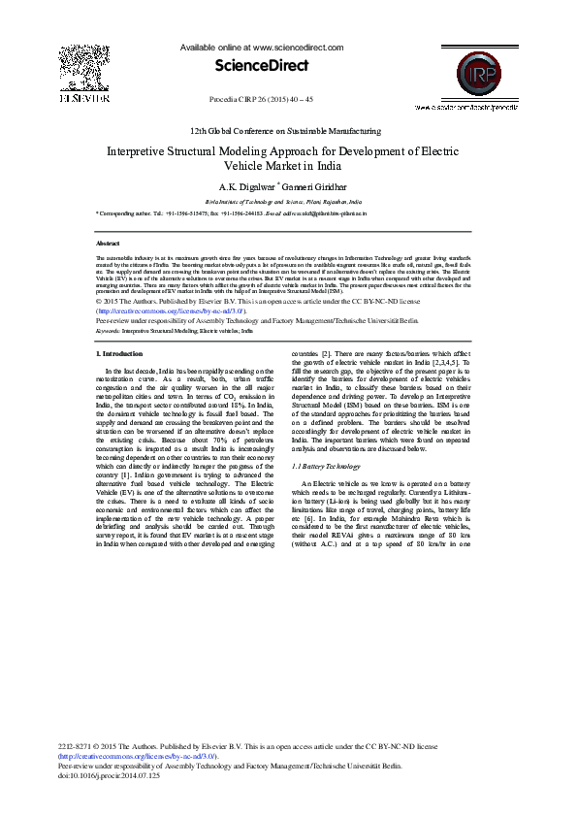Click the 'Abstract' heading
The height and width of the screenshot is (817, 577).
coord(108,244)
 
